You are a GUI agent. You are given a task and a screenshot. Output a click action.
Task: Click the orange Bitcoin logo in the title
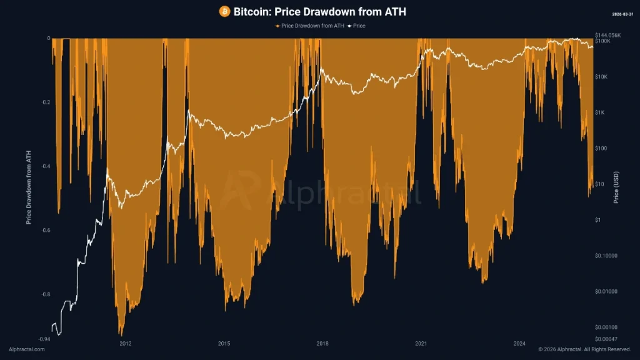pyautogui.click(x=224, y=11)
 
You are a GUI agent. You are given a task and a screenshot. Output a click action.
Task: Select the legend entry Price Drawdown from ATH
pyautogui.click(x=309, y=26)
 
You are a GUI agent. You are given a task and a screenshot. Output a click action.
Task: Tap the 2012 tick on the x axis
pyautogui.click(x=125, y=344)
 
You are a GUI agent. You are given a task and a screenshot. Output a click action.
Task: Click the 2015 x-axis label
pyautogui.click(x=224, y=344)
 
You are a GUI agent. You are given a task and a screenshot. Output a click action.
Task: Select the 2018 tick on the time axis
pyautogui.click(x=322, y=344)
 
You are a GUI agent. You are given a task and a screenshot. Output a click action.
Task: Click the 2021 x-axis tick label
pyautogui.click(x=421, y=344)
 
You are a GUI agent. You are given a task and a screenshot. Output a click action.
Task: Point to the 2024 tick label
pyautogui.click(x=519, y=344)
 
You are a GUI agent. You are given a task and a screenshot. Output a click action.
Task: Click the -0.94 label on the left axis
pyautogui.click(x=44, y=339)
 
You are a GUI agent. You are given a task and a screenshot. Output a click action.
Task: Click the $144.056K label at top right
pyautogui.click(x=608, y=35)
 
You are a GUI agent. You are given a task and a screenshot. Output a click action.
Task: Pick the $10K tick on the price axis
pyautogui.click(x=602, y=77)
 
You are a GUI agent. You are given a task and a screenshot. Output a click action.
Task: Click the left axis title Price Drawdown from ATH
pyautogui.click(x=29, y=187)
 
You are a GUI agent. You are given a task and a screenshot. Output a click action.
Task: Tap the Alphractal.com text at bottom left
pyautogui.click(x=27, y=349)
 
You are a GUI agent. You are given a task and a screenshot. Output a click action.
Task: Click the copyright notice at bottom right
pyautogui.click(x=584, y=349)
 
